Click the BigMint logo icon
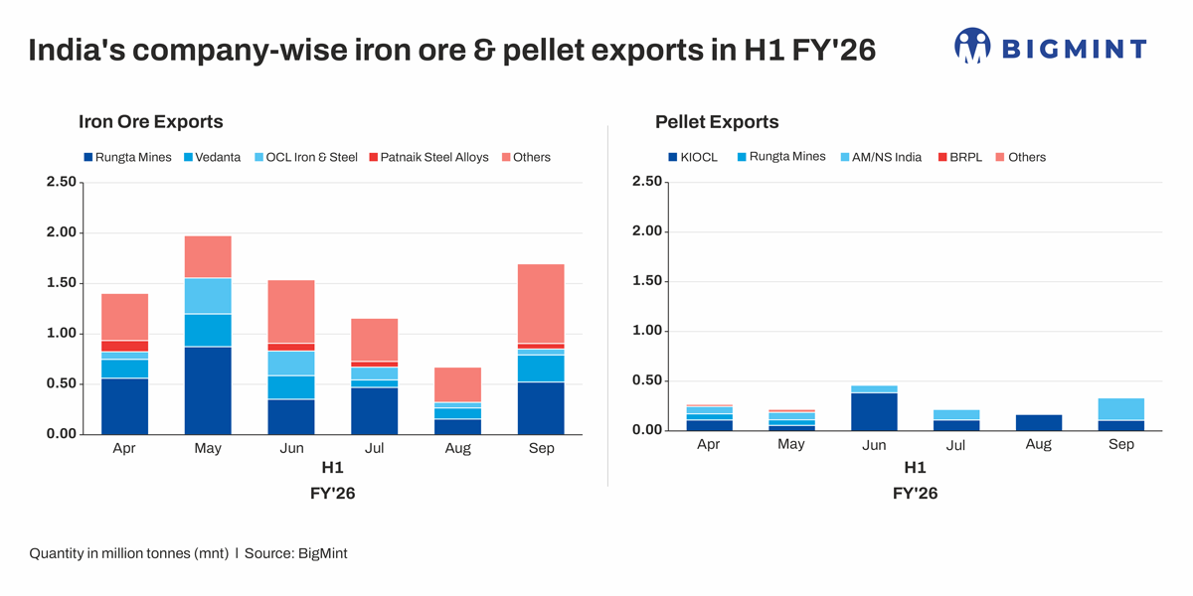click(972, 47)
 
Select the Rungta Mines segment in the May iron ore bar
click(208, 389)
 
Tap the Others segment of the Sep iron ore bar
click(541, 303)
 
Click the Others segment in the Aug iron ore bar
click(457, 384)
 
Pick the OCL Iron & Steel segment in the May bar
click(208, 296)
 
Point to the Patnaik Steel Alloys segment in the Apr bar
click(124, 346)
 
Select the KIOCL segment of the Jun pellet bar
click(874, 411)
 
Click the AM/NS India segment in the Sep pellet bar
click(1121, 409)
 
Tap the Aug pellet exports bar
click(1038, 422)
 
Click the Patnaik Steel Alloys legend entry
click(428, 157)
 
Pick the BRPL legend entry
click(958, 157)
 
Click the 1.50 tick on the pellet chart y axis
click(646, 281)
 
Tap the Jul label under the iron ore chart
click(374, 448)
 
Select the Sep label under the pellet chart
click(1121, 444)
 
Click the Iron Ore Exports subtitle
click(150, 122)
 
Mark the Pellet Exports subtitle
click(717, 122)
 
